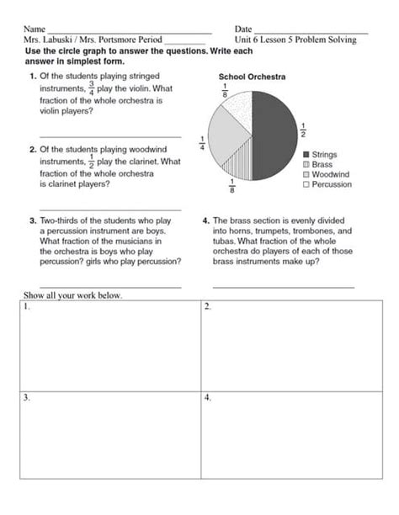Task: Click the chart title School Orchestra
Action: pyautogui.click(x=252, y=77)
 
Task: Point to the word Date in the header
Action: pyautogui.click(x=243, y=29)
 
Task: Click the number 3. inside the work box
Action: pyautogui.click(x=28, y=396)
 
